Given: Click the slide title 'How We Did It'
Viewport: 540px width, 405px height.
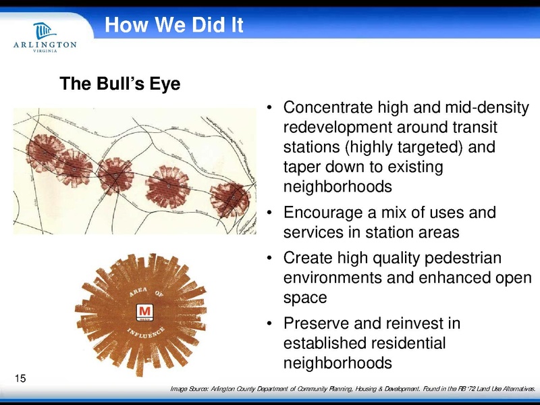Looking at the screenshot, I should (x=173, y=26).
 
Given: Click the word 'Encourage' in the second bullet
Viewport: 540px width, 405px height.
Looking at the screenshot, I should (x=320, y=213).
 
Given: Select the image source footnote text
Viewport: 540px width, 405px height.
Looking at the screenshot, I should (x=354, y=389).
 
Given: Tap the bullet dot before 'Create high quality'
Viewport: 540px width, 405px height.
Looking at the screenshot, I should (x=269, y=259).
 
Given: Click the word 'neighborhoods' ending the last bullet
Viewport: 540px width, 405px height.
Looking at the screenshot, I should (x=337, y=362).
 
